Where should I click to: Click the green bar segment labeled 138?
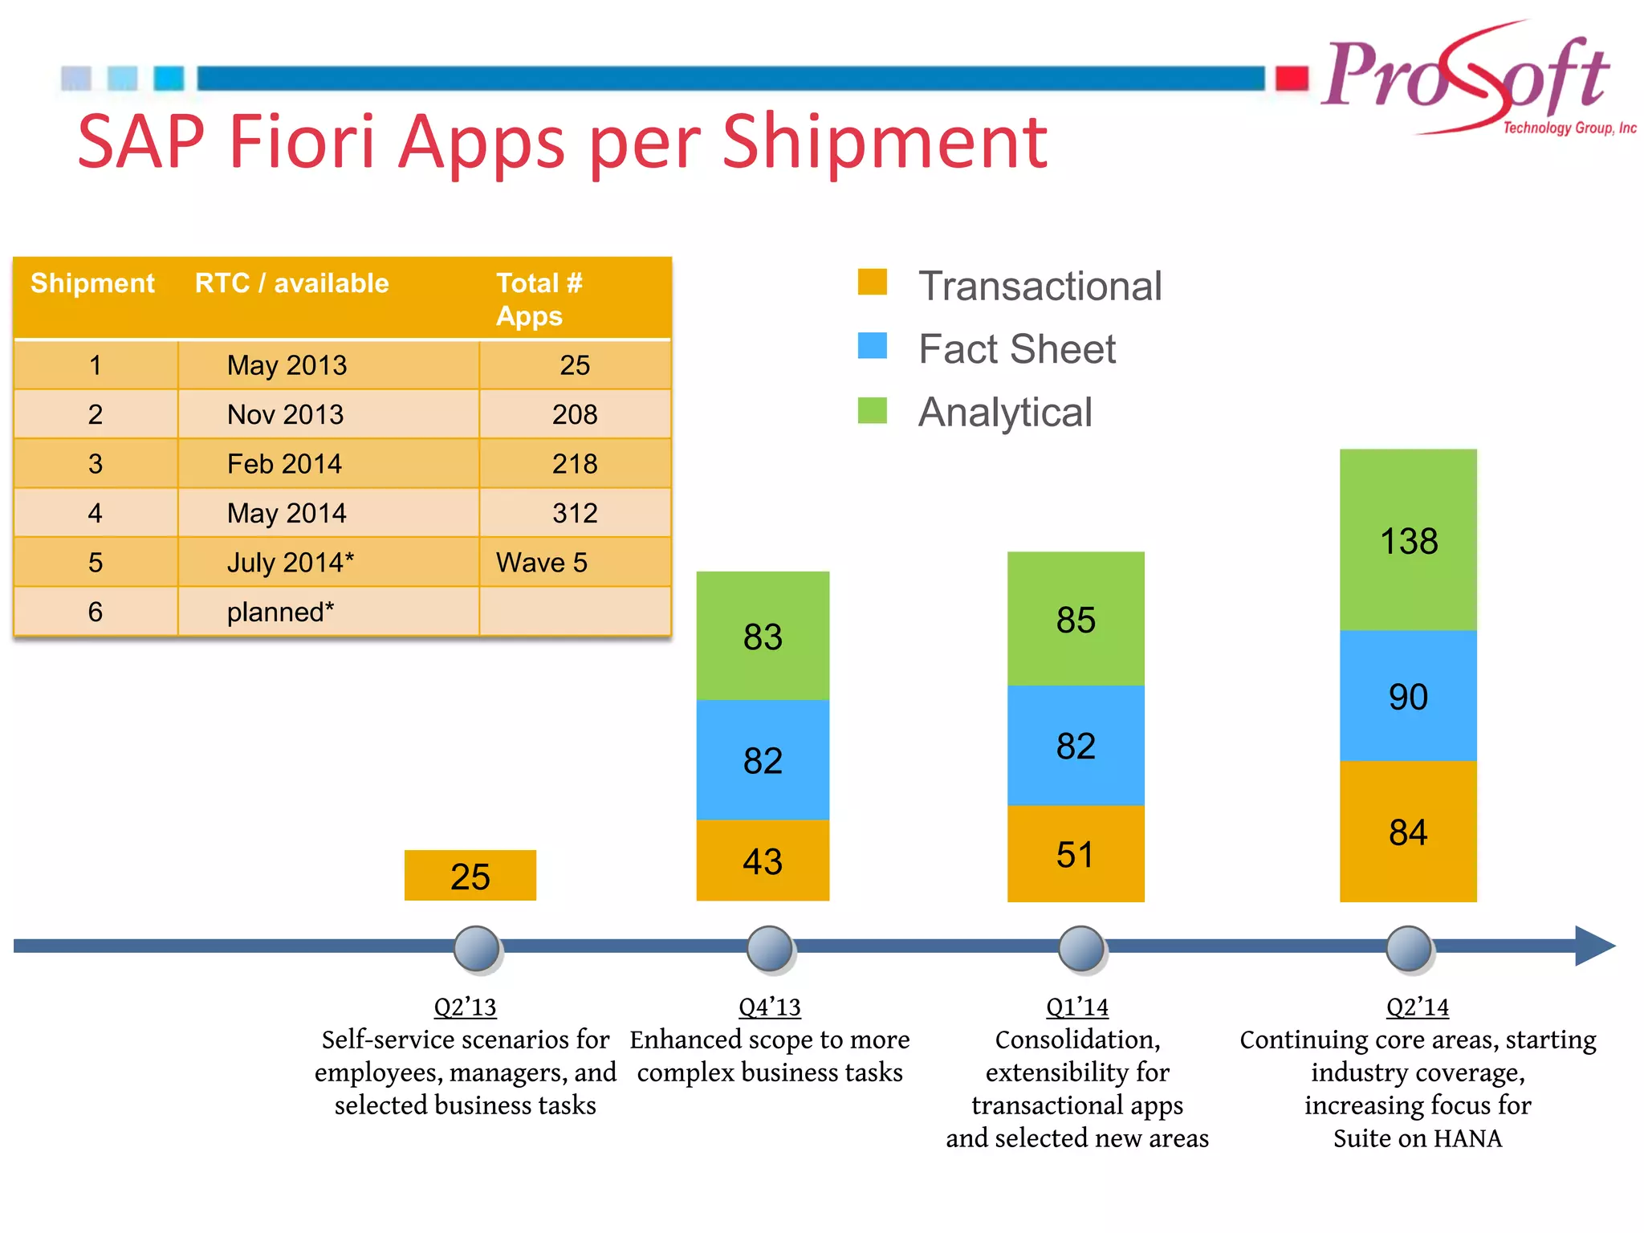(1408, 539)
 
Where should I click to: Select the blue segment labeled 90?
(1408, 695)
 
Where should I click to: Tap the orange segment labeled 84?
(1408, 832)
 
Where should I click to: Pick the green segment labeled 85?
(1076, 618)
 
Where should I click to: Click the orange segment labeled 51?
(1076, 853)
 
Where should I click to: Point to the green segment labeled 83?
(763, 636)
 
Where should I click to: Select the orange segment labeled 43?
(763, 861)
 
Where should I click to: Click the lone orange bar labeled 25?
(470, 875)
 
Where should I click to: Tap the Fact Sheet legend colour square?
(873, 346)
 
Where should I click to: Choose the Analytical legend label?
(1005, 413)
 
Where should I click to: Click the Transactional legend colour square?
(873, 283)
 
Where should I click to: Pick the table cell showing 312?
(575, 513)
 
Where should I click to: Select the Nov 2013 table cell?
(286, 414)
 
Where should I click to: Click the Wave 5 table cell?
(542, 562)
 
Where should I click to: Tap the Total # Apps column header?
(539, 299)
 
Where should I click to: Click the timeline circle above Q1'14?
(1080, 948)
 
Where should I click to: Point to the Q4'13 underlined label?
(770, 1007)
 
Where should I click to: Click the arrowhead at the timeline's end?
(1594, 946)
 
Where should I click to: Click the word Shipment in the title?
(884, 142)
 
